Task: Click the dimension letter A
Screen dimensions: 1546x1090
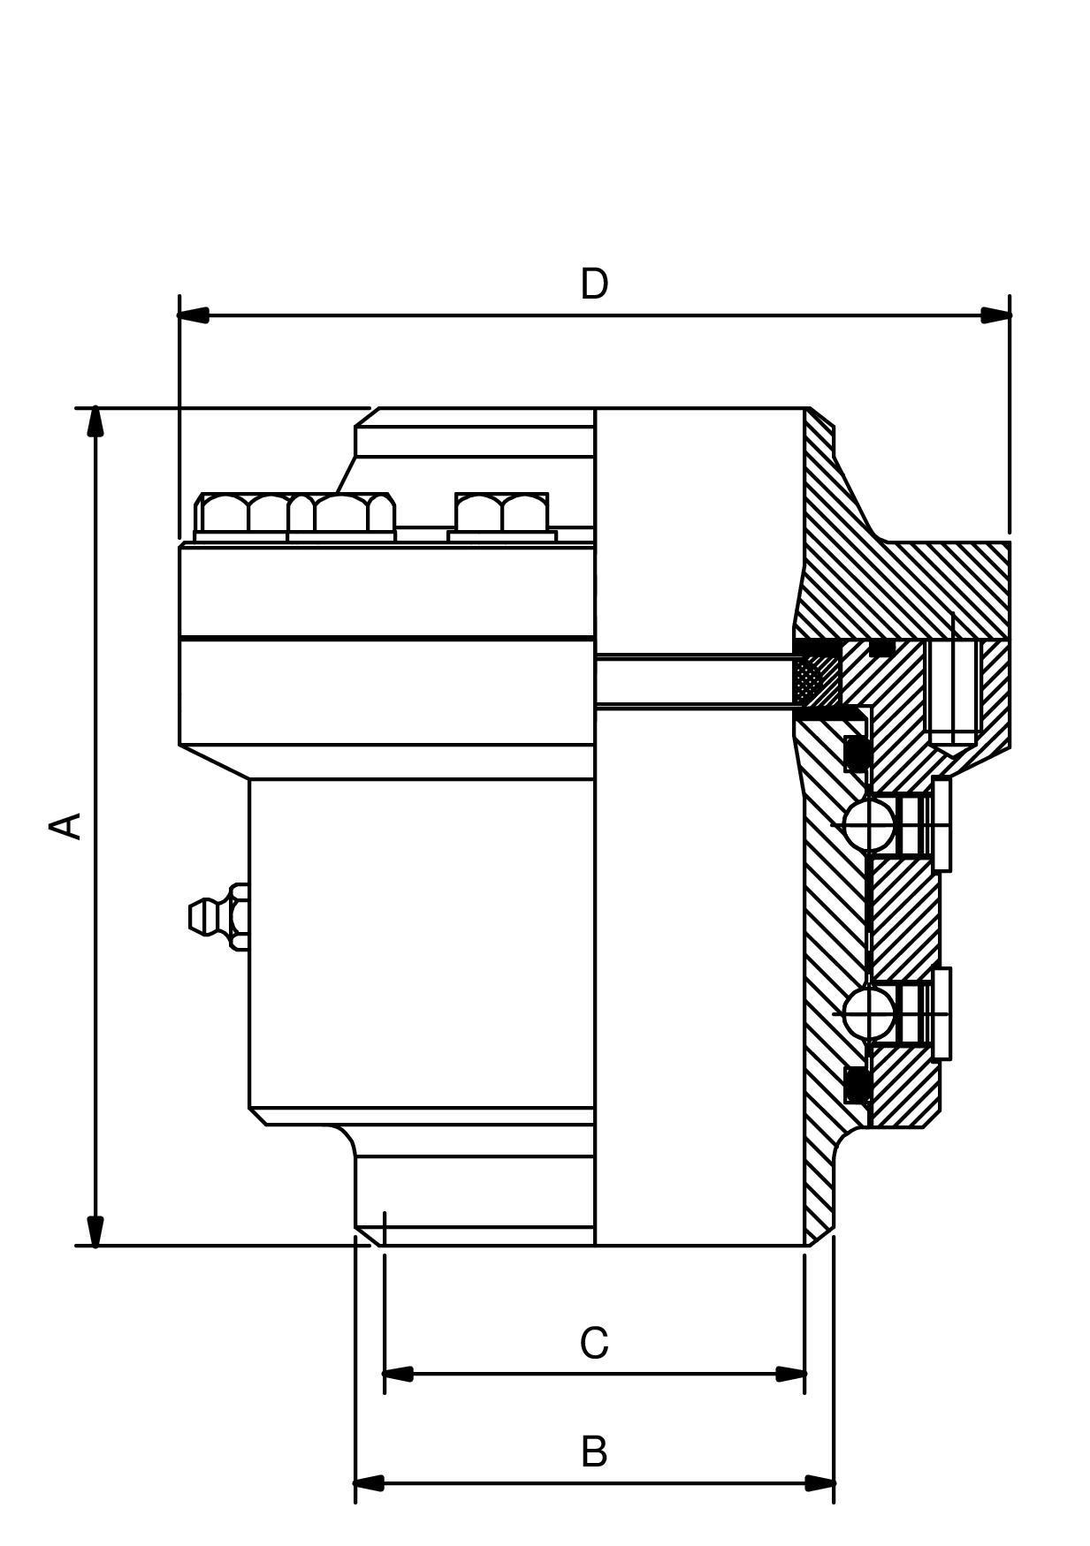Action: pos(65,826)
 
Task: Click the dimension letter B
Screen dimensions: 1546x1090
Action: pos(594,1451)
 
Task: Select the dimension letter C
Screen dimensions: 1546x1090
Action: pos(594,1344)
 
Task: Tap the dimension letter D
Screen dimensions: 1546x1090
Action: pos(594,284)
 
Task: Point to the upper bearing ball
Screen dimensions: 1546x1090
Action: pos(868,825)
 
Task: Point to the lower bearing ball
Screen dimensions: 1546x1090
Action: pos(868,1013)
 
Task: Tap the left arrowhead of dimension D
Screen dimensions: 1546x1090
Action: pos(193,315)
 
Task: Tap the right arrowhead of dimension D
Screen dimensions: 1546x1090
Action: pos(996,315)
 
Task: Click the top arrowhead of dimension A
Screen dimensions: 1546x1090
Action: pos(95,421)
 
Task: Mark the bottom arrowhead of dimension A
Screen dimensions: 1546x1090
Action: pos(95,1231)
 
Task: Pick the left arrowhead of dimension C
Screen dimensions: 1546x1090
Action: pos(398,1374)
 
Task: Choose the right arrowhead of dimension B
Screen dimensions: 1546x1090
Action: pos(819,1482)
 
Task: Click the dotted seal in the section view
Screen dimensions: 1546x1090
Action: pos(808,679)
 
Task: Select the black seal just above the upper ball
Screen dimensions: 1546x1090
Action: pos(856,754)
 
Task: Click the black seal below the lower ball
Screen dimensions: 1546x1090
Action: pos(856,1085)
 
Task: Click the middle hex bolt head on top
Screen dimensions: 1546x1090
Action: pos(343,513)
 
